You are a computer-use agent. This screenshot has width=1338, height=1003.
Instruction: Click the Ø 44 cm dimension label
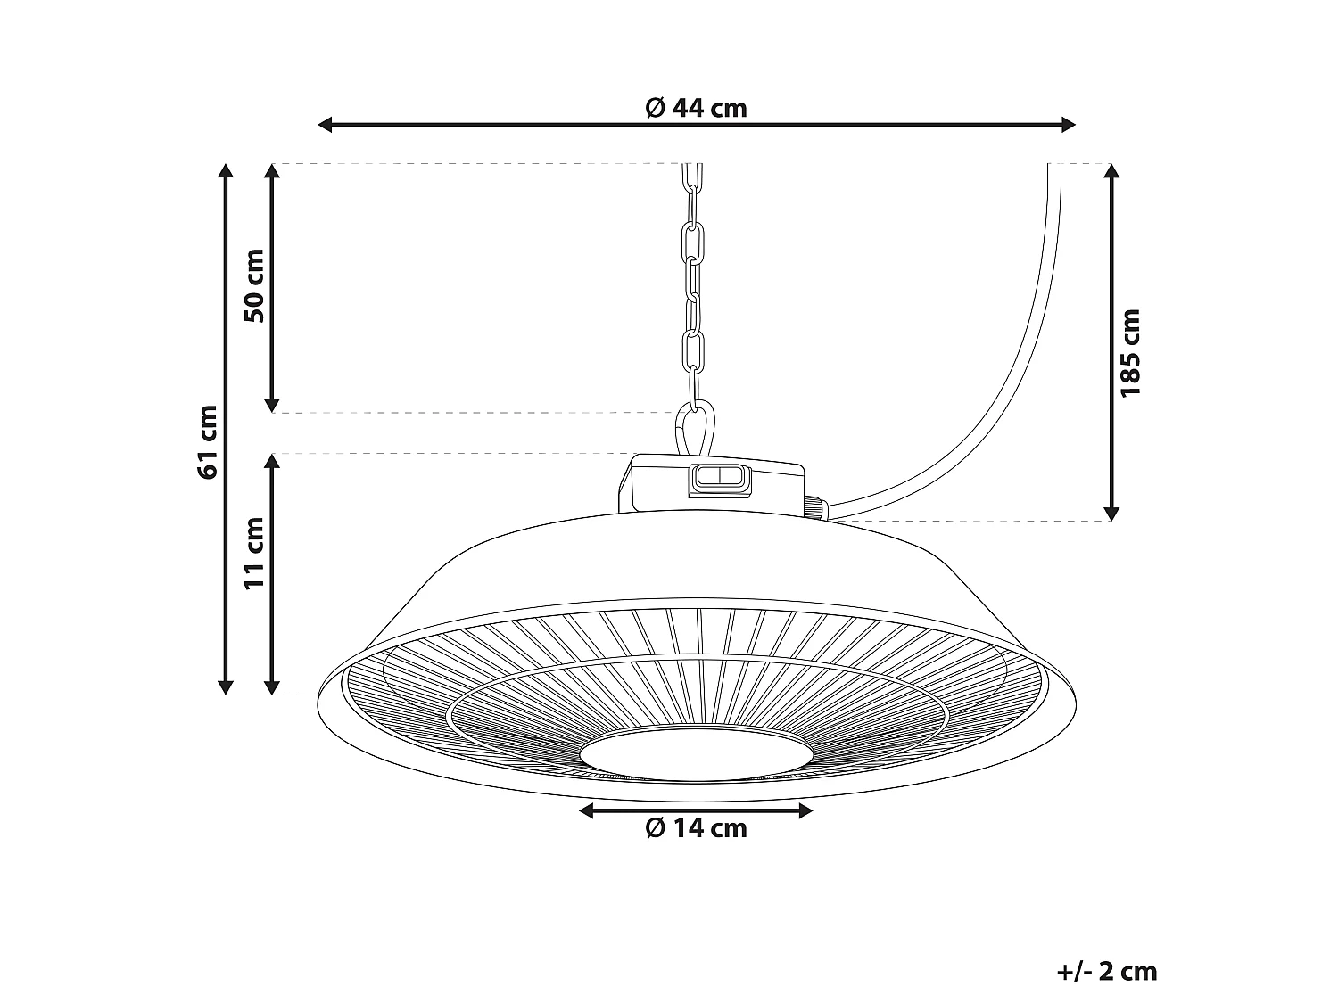point(696,108)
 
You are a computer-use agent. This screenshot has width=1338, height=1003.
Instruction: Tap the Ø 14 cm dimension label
point(696,828)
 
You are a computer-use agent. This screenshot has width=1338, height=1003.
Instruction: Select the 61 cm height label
point(208,440)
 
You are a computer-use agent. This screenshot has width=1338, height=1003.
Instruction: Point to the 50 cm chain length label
point(254,285)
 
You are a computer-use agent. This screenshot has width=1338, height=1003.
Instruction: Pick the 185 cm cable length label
point(1130,352)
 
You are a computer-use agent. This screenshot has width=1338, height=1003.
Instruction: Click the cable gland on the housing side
point(814,506)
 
